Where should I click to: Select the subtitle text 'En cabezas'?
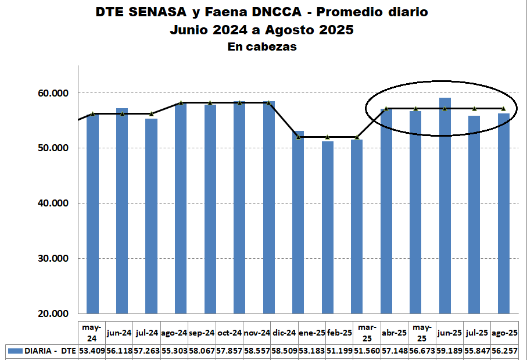tap(262, 47)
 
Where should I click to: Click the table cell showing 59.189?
tap(450, 351)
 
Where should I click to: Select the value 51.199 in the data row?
tap(339, 351)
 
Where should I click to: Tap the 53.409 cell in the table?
tap(92, 351)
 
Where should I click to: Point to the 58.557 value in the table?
tap(257, 351)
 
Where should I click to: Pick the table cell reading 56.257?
tap(505, 351)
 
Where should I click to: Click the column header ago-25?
tap(505, 333)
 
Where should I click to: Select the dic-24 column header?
tap(284, 333)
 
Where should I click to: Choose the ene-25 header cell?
tap(311, 333)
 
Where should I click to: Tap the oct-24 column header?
tap(229, 333)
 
